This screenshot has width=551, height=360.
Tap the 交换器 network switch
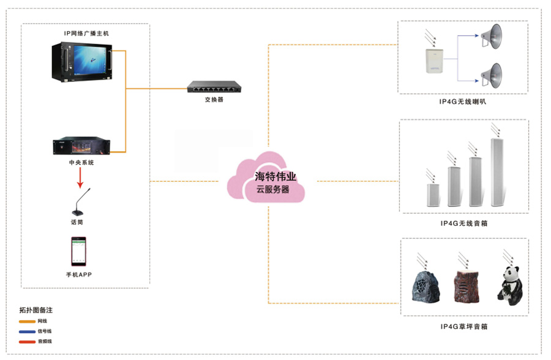[x=214, y=87]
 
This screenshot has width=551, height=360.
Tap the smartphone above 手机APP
[x=78, y=250]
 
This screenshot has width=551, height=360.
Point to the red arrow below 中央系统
[x=80, y=178]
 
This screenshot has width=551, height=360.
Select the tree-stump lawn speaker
[x=465, y=285]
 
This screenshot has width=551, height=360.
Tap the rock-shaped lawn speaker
[x=422, y=287]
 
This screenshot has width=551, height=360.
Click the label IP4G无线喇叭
[x=463, y=103]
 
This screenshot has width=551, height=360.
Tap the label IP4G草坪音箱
[x=463, y=326]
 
